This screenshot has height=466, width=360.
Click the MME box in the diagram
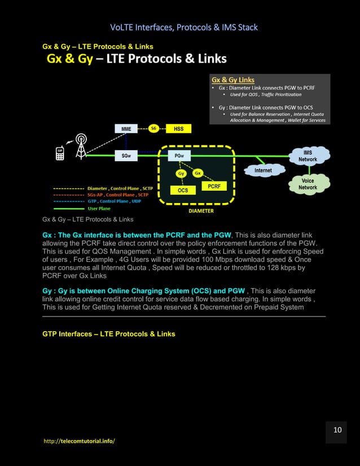[126, 129]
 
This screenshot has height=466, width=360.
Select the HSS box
[178, 129]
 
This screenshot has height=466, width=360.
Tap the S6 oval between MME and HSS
[153, 128]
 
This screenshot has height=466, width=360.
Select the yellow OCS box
[183, 191]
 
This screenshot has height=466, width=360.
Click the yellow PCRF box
[214, 186]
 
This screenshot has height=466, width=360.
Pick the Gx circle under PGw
[197, 173]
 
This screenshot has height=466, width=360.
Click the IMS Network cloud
[308, 156]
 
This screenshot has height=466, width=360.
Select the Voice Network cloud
[308, 184]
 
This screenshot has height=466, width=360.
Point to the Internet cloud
[263, 170]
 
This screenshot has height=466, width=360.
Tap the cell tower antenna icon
[81, 146]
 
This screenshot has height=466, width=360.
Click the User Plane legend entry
[99, 208]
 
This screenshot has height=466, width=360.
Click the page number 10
[337, 430]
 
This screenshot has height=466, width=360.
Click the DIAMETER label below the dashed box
[201, 211]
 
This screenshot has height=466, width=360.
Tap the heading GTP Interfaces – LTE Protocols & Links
[109, 334]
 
